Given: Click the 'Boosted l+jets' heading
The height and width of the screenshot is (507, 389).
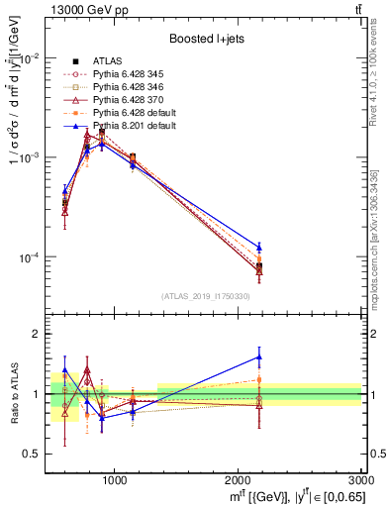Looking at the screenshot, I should click(x=205, y=39).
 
